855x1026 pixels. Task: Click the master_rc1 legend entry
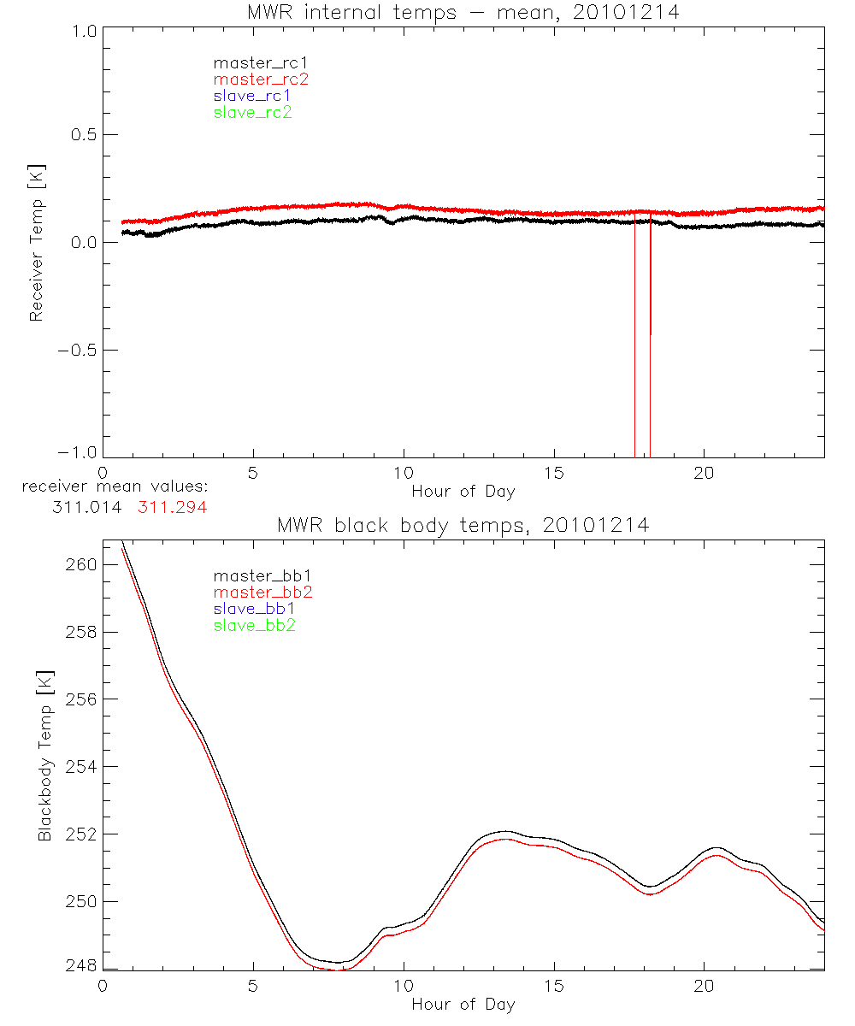tap(252, 62)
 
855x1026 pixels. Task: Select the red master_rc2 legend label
tap(261, 79)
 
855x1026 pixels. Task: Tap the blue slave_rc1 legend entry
tap(252, 96)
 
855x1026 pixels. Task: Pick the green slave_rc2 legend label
tap(252, 112)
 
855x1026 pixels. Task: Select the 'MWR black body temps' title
tap(463, 525)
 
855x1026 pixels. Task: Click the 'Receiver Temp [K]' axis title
tap(35, 243)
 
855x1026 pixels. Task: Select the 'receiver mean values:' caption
tap(115, 487)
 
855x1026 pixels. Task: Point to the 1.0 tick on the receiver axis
tap(82, 28)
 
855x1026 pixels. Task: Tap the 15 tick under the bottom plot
tap(553, 986)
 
